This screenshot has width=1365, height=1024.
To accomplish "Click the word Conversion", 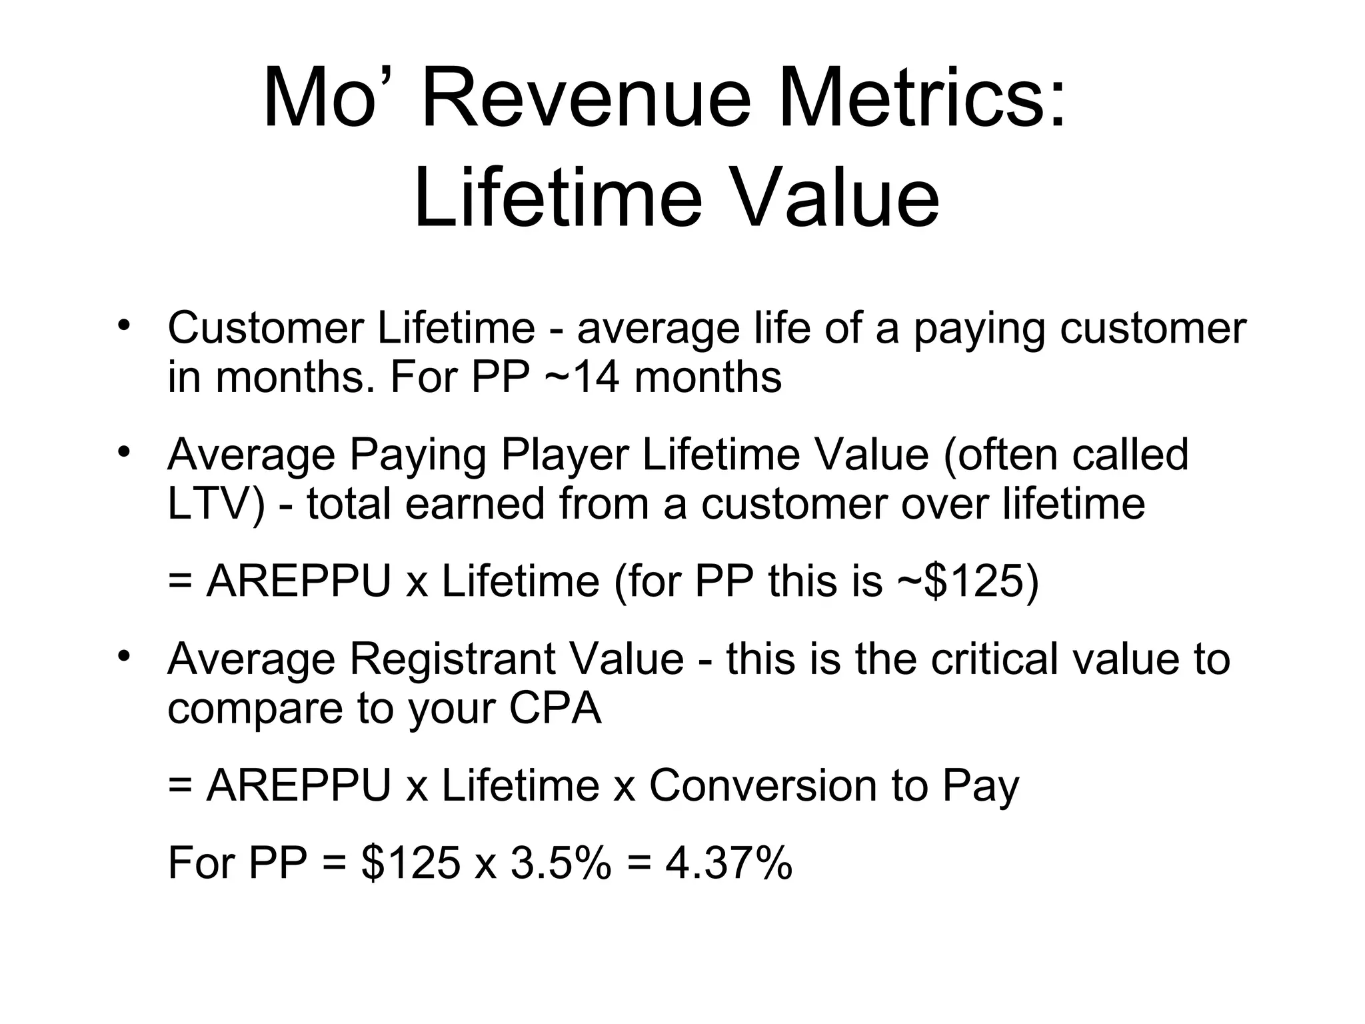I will (x=762, y=785).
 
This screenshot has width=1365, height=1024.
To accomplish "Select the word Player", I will (x=564, y=455).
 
